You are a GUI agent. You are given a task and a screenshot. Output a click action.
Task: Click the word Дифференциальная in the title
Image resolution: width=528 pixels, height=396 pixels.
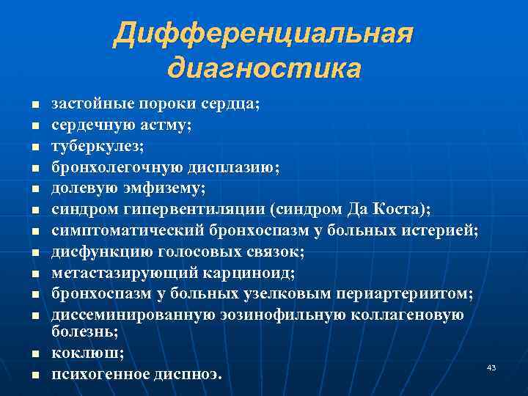pyautogui.click(x=263, y=34)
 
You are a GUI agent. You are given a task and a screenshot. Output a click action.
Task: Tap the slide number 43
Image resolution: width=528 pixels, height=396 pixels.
pyautogui.click(x=491, y=367)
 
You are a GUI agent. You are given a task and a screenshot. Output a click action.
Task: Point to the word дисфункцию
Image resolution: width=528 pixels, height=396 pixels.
pyautogui.click(x=94, y=252)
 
